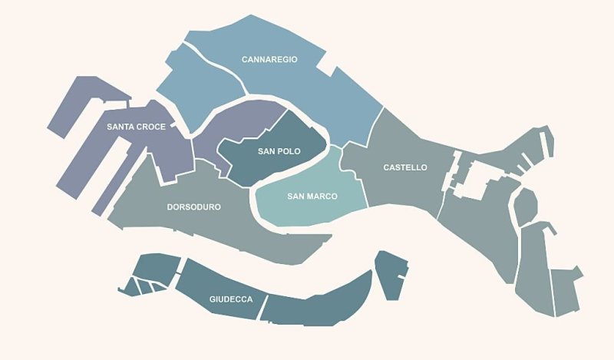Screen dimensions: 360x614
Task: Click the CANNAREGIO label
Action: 269,59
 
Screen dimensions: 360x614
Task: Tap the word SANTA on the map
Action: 122,127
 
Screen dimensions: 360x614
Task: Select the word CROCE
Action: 152,127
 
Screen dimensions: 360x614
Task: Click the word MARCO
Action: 322,197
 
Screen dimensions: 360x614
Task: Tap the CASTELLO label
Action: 405,167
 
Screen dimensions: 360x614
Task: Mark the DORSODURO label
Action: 194,207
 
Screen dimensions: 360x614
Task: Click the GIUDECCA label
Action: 231,299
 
